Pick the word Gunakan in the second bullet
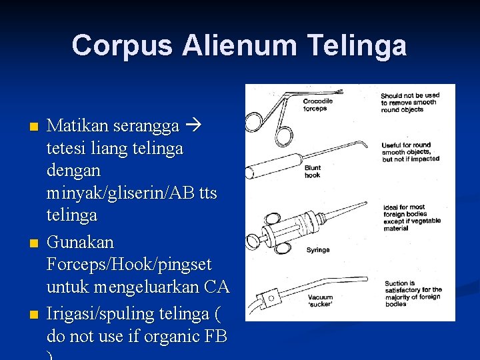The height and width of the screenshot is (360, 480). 81,242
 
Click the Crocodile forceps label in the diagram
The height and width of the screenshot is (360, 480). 318,105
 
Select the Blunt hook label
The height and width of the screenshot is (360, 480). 312,171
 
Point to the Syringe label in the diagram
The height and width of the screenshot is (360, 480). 317,250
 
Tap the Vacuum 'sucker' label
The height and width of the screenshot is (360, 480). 320,301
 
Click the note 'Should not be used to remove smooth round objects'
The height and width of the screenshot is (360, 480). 410,103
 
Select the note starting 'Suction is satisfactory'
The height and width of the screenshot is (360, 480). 411,294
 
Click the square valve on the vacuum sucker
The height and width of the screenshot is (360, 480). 271,297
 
